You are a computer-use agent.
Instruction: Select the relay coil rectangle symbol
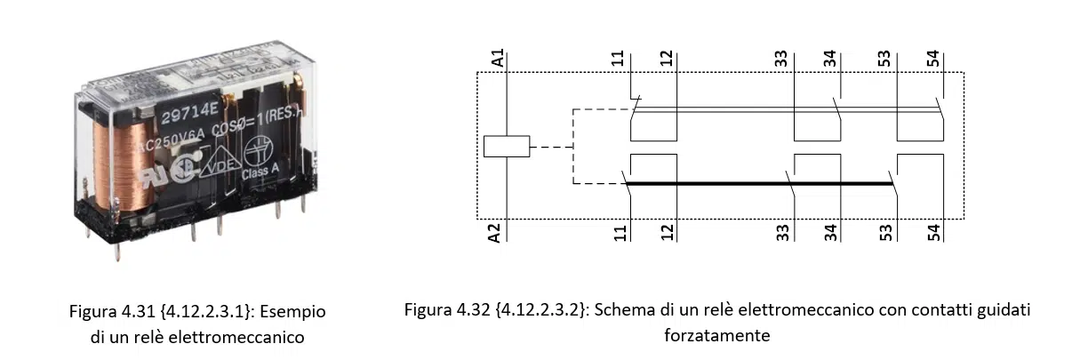(506, 147)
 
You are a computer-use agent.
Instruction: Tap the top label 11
(619, 60)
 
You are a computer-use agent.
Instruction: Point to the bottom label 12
(668, 233)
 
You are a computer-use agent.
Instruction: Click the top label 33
(780, 60)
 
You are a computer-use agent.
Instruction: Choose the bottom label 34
(830, 233)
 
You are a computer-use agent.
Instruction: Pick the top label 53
(885, 60)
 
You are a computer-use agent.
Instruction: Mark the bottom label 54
(932, 233)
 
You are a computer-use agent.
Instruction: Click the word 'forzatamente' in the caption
(716, 336)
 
